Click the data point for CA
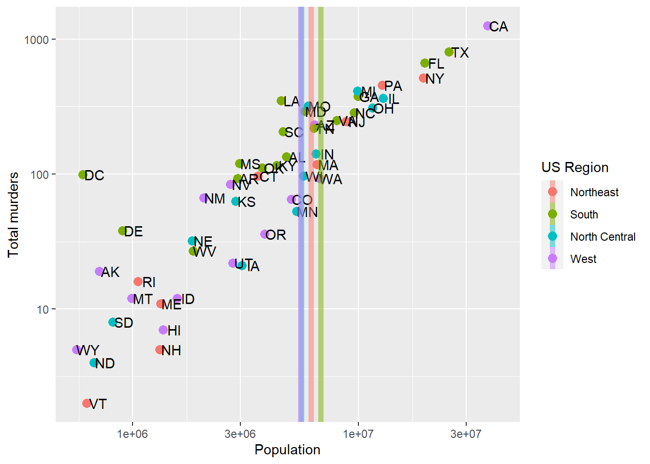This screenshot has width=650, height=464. (x=487, y=26)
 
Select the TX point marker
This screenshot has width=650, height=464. (x=449, y=52)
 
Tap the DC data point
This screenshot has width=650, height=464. (x=83, y=175)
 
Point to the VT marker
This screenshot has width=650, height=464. (x=87, y=403)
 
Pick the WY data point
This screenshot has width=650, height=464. (x=77, y=350)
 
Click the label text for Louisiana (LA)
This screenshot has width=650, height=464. (x=292, y=101)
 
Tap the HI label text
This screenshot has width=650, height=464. (x=174, y=331)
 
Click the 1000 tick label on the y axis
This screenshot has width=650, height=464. (x=37, y=40)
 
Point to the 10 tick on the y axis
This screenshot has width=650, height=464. (x=43, y=309)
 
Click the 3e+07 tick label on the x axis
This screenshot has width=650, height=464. (x=466, y=434)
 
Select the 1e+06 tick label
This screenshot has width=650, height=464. (x=132, y=434)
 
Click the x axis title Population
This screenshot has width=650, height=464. (x=287, y=449)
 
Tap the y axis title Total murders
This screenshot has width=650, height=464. (x=13, y=215)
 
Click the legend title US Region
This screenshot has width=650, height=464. (x=575, y=167)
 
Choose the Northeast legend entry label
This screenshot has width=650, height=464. (x=594, y=192)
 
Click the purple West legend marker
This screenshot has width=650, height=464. (x=552, y=259)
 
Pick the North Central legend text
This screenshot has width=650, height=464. (x=603, y=237)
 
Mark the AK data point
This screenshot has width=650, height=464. (x=100, y=272)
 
